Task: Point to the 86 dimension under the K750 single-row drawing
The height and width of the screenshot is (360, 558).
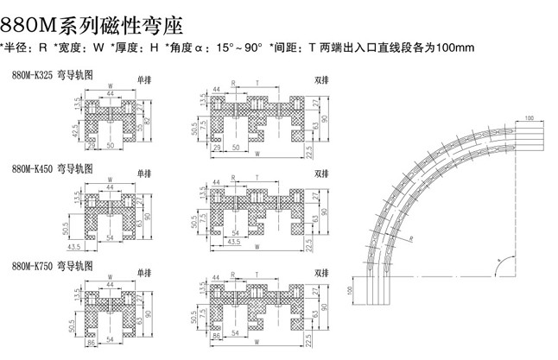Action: (x=90, y=344)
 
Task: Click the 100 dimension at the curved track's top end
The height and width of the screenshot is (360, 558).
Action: (x=529, y=115)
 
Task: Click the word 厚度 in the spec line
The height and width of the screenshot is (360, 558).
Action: (x=127, y=47)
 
